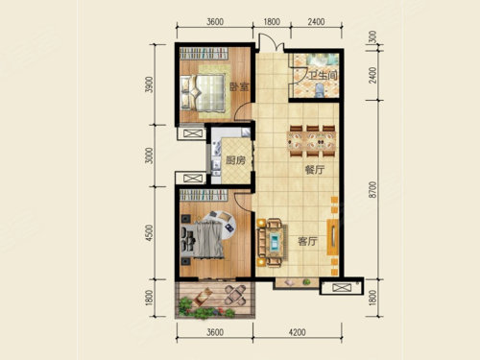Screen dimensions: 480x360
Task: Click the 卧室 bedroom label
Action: [x=239, y=86]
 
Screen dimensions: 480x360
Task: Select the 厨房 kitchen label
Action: [x=235, y=160]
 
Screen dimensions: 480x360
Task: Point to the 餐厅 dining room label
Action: [x=315, y=170]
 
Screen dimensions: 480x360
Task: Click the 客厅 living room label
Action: [x=307, y=241]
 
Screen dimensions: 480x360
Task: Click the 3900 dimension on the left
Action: [x=149, y=84]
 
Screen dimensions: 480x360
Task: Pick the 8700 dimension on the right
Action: [x=372, y=189]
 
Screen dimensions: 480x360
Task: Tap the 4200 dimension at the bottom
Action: [x=297, y=332]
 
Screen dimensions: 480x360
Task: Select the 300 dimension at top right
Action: [x=372, y=37]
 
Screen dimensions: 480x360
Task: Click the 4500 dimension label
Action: [x=149, y=233]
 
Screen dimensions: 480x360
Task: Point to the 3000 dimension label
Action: [x=149, y=156]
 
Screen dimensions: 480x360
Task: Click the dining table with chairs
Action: [x=312, y=141]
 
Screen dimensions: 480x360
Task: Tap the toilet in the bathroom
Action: [x=319, y=90]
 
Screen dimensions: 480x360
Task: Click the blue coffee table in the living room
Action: [x=275, y=241]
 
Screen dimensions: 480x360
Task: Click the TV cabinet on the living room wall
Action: [x=333, y=237]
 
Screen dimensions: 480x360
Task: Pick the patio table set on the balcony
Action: [x=235, y=295]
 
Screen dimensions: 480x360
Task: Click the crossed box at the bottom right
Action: [x=342, y=288]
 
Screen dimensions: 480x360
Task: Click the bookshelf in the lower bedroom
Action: [x=204, y=196]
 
